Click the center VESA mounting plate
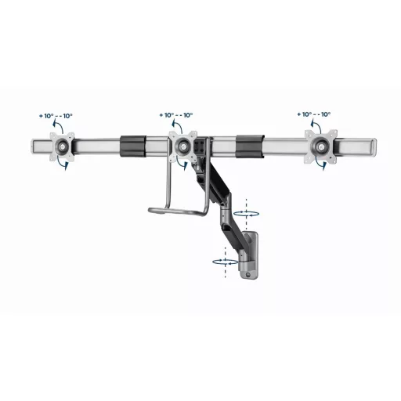pos(184,146)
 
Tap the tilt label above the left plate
pos(56,117)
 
